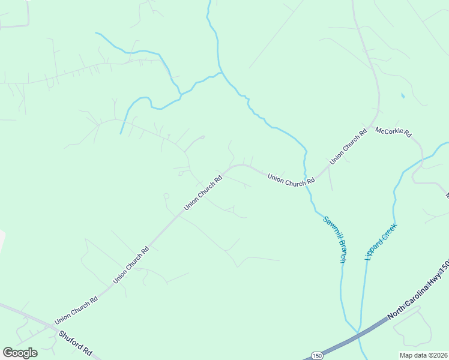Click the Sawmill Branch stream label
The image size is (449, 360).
point(334,238)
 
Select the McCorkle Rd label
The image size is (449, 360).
point(393,131)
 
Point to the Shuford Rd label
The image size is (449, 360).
point(75,343)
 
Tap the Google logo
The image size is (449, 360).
point(20,352)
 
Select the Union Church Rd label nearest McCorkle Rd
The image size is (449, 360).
point(348,147)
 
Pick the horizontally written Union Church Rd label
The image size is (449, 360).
point(291,178)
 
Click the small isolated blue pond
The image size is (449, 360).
point(402,95)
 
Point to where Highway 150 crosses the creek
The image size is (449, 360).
point(358,334)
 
